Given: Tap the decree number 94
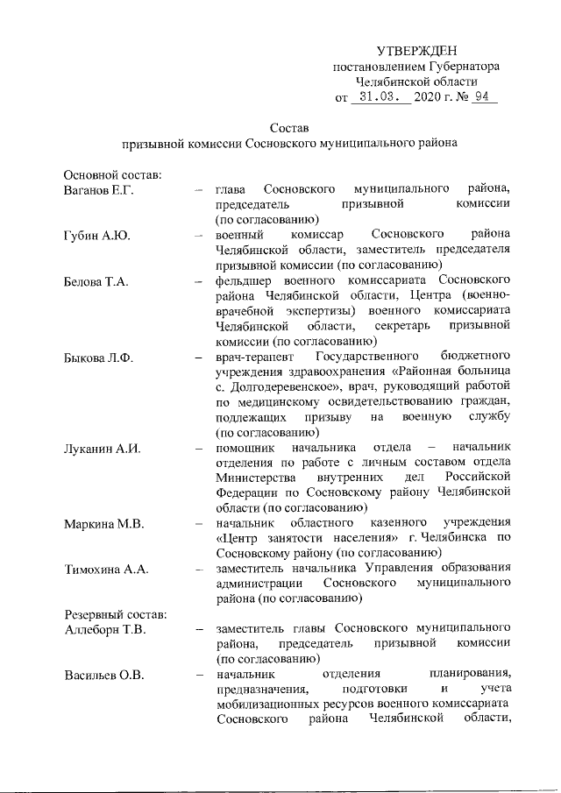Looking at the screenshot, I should (479, 97).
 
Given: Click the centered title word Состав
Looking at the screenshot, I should (289, 128).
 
